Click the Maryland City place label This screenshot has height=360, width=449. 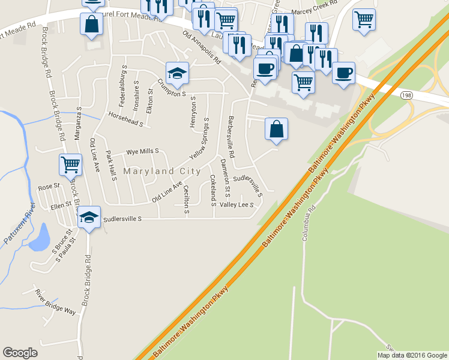coord(162,171)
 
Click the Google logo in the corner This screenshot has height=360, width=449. coord(20,353)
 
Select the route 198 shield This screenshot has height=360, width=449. coord(406,95)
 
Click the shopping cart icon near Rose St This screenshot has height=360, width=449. coord(71,163)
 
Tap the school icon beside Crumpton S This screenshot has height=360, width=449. coord(178,73)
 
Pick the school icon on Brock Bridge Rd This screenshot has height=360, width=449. coord(89,217)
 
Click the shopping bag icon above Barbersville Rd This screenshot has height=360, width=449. coord(276,129)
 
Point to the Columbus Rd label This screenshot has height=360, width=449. coord(309,224)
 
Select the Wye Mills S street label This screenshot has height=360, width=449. coord(142,152)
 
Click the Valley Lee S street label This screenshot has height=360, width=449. coord(237,205)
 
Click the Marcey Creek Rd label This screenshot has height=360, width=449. coord(314,11)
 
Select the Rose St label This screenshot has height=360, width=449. coord(46,187)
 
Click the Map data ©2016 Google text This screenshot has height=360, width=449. coord(411,355)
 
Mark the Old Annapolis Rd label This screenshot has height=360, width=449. coord(202,49)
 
